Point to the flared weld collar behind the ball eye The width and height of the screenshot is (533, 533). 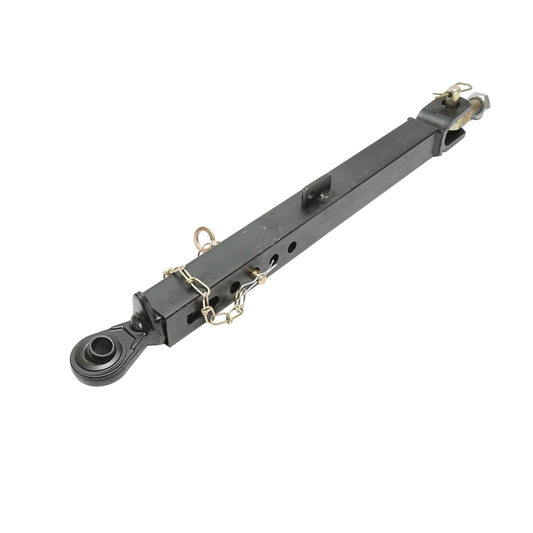(x=141, y=310)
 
